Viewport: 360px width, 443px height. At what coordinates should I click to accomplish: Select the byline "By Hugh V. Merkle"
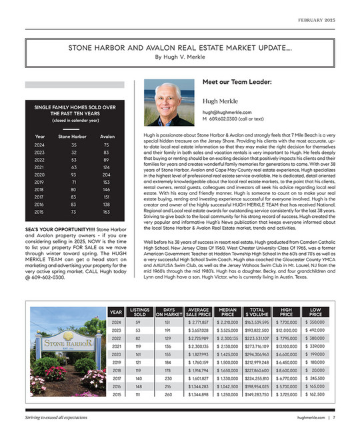(x=180, y=57)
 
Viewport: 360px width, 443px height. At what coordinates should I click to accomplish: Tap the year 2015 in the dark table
(x=39, y=211)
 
